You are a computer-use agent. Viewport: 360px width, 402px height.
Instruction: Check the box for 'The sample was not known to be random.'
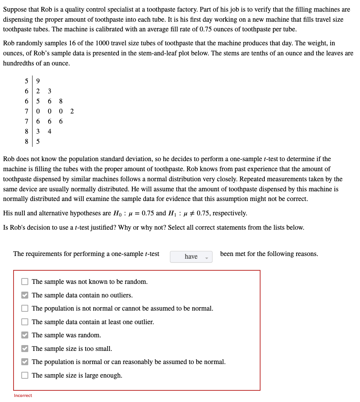point(25,282)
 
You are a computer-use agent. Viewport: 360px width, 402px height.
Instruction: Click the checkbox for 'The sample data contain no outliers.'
point(25,295)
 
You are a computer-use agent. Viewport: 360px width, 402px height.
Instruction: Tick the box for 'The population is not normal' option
point(25,308)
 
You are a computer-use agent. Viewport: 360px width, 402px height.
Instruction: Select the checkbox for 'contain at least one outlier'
point(25,322)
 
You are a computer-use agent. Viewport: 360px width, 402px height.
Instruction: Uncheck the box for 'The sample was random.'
point(25,335)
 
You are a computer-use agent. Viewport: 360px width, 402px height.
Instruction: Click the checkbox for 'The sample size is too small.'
point(25,349)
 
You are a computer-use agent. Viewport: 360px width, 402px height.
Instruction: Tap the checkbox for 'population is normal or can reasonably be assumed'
point(25,362)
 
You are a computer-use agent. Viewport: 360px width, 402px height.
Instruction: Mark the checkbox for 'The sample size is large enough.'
point(25,375)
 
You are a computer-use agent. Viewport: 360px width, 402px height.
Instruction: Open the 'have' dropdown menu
point(191,256)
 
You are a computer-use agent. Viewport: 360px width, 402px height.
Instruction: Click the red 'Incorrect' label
point(23,395)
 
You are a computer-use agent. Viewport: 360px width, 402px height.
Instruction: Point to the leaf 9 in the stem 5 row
point(38,81)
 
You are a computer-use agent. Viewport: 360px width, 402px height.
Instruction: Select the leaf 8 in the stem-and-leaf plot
point(61,101)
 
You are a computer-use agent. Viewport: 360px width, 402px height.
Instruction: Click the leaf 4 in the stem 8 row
point(49,131)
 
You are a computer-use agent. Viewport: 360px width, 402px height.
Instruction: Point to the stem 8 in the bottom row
point(26,141)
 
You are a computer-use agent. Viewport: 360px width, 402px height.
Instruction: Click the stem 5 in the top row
point(26,81)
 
